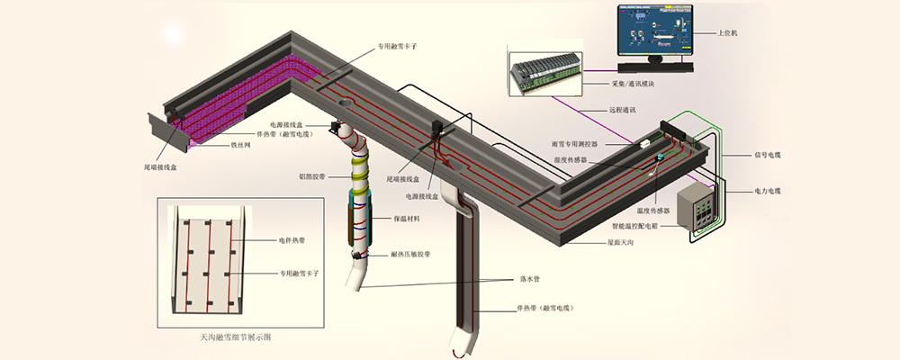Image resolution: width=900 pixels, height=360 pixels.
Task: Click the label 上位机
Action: point(728,33)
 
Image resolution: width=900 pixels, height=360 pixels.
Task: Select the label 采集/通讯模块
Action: point(632,84)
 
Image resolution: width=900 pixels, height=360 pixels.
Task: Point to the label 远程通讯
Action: point(621,110)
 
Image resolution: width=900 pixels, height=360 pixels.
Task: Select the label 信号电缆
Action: point(766,154)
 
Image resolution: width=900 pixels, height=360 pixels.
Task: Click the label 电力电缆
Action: point(766,191)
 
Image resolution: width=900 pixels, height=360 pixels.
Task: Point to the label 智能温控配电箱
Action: point(643,226)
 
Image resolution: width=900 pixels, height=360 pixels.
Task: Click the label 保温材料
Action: point(406,218)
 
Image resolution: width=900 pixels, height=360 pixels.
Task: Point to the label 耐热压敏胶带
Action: point(409,255)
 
